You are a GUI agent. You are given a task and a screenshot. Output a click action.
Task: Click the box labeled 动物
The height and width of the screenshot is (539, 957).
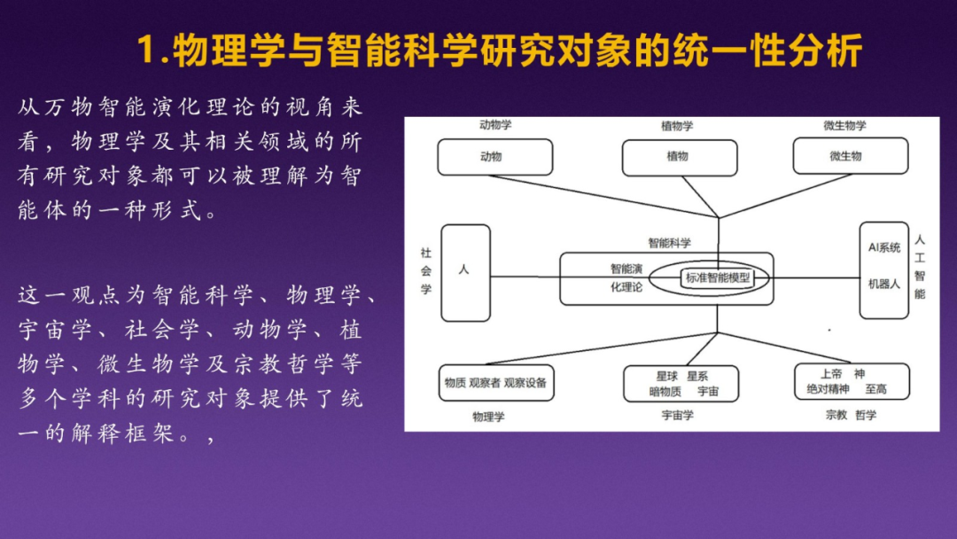(494, 157)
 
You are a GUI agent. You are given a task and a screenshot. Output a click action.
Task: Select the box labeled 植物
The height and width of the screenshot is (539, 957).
(680, 157)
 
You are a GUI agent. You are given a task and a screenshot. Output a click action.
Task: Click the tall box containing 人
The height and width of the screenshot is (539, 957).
(465, 272)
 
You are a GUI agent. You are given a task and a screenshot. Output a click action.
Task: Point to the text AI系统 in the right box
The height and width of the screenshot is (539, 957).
(883, 247)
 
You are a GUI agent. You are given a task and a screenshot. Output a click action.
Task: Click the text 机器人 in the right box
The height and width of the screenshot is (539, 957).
(883, 285)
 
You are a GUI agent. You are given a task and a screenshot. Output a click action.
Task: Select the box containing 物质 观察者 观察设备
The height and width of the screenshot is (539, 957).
(495, 383)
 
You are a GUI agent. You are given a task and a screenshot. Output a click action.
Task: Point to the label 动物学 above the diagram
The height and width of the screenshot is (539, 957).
(495, 125)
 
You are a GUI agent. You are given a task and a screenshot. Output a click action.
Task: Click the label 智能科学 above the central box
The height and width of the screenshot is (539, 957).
(669, 242)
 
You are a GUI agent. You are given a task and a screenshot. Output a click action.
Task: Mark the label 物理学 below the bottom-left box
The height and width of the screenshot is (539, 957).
(488, 416)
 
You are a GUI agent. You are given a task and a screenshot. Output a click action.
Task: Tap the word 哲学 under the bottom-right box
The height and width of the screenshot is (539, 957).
(866, 415)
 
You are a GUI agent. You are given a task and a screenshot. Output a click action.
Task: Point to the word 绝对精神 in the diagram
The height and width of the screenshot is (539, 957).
(827, 390)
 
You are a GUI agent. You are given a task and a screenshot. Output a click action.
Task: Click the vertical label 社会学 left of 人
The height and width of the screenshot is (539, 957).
(425, 271)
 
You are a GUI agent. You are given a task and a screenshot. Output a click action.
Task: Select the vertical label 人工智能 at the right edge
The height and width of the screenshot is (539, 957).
(920, 267)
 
